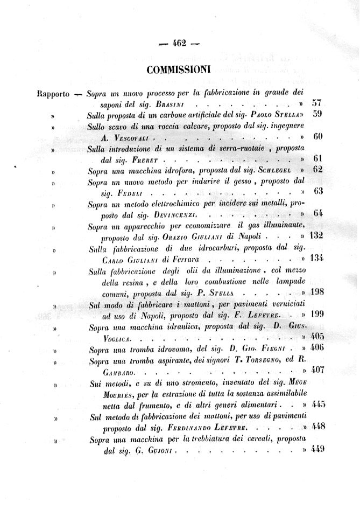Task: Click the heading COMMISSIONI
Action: point(179,69)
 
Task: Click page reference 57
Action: point(316,103)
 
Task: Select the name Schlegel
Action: point(276,170)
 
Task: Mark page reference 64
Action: point(317,213)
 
